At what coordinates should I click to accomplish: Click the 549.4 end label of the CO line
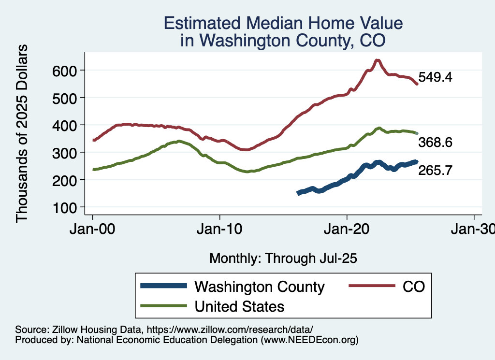click(435, 77)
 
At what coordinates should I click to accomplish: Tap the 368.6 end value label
click(435, 143)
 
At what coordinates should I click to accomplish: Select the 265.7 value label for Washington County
click(435, 170)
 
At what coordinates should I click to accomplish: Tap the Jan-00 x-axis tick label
click(93, 229)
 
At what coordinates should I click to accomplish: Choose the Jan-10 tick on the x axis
click(220, 229)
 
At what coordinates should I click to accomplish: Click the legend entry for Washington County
click(259, 287)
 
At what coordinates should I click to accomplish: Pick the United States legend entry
click(239, 306)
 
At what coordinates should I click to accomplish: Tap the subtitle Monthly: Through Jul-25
click(283, 259)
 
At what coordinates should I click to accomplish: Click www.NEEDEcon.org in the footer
click(309, 340)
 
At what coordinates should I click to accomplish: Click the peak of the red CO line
click(378, 60)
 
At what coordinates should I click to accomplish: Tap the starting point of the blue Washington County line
click(299, 193)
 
